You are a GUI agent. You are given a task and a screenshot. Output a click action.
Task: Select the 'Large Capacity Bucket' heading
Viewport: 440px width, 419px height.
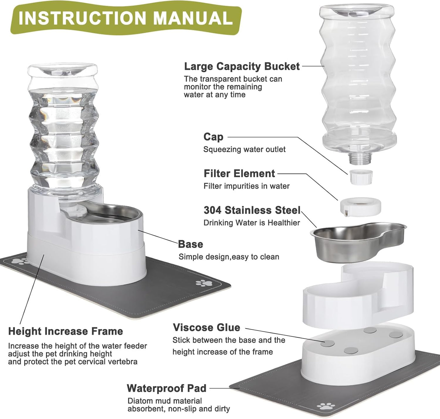(242, 66)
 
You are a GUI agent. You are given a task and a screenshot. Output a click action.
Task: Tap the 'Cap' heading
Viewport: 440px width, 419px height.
(213, 137)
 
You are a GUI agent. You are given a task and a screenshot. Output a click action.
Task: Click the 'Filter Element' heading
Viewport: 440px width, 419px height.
(239, 174)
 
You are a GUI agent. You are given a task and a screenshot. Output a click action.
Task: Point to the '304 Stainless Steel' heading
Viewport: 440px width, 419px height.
(252, 210)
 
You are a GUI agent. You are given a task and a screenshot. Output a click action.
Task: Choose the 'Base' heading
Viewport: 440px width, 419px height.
(190, 244)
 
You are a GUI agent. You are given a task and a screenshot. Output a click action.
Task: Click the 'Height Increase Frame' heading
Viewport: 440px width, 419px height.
(65, 331)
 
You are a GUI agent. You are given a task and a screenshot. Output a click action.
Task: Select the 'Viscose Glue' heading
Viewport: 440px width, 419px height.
(206, 328)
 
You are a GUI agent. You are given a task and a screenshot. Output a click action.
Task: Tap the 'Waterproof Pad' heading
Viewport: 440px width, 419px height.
(167, 388)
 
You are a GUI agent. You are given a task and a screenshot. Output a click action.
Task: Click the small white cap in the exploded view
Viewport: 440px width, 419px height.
(361, 177)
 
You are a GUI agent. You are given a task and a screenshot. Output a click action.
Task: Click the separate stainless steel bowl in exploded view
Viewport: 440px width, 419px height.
(356, 242)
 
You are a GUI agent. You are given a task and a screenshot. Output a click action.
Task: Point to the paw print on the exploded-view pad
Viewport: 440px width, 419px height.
(326, 406)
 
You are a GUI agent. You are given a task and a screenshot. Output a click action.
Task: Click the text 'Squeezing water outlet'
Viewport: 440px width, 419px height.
(244, 150)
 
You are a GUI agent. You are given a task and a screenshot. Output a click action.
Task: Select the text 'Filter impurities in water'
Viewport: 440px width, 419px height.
(246, 186)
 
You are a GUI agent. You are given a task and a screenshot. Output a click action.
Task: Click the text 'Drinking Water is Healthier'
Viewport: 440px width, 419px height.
(252, 223)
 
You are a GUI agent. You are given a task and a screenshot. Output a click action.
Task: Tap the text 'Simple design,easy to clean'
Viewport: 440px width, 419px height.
(229, 257)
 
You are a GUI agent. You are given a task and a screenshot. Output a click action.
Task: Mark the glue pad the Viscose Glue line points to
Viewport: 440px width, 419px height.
(328, 343)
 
